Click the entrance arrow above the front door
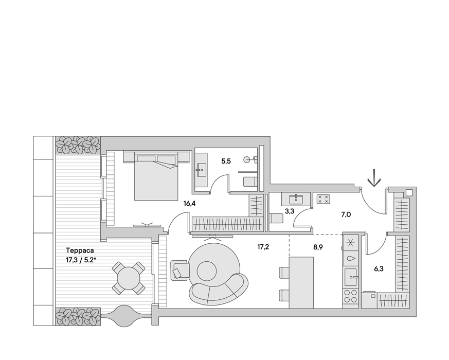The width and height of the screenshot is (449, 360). [374, 178]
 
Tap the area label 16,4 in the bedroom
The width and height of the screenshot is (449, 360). [189, 204]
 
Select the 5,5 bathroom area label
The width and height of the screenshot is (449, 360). [226, 161]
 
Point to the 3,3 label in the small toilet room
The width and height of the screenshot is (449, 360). [290, 212]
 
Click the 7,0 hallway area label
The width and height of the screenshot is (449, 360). [346, 214]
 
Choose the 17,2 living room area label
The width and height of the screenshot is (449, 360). [263, 247]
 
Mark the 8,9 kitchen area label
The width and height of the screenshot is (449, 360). [318, 247]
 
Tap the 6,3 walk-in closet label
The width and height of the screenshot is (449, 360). [379, 269]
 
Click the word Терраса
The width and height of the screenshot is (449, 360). [80, 250]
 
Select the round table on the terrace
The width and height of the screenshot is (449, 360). [129, 278]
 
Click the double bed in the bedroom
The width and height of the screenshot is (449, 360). [156, 177]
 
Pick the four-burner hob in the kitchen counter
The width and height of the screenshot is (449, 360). [351, 296]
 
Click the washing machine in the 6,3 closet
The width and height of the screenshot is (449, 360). [369, 300]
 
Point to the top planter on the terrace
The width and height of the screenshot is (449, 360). [78, 145]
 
